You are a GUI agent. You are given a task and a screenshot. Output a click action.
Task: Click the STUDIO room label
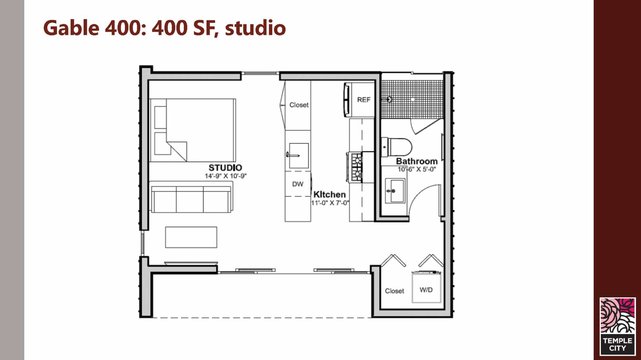pos(225,168)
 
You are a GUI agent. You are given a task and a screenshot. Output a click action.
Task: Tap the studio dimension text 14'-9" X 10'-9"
pos(226,176)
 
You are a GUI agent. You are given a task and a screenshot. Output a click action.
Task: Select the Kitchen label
pos(330,194)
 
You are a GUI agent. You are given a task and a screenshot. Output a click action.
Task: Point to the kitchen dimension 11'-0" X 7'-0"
pos(330,203)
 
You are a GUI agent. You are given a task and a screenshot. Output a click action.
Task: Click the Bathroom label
pos(417,161)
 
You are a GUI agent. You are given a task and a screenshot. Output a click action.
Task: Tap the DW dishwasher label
pos(298,184)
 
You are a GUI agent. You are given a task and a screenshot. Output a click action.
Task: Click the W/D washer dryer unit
pos(426,287)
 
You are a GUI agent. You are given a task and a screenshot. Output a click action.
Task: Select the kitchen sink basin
pos(299,155)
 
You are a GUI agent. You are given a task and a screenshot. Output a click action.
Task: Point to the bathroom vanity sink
pos(395,191)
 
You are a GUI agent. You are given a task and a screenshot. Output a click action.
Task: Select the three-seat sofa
pos(191,197)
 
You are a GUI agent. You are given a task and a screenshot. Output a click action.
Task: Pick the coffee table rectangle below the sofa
pos(191,237)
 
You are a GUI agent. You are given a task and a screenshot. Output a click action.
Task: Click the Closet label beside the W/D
pos(394,291)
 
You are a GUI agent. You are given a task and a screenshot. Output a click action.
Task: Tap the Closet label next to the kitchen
pos(299,105)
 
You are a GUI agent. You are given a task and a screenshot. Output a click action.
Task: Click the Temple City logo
pos(618,327)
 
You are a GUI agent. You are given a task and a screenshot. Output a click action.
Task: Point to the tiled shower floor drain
pos(413,99)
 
